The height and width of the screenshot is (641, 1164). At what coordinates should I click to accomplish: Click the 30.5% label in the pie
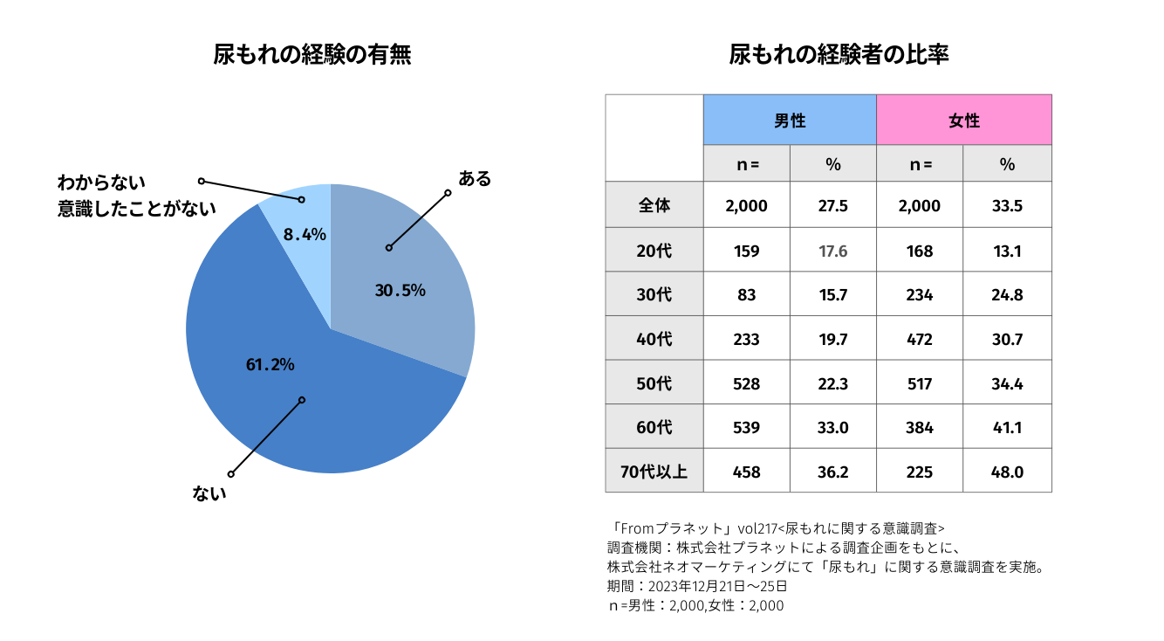coord(400,291)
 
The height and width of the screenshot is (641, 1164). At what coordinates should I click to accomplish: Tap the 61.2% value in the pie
coord(270,364)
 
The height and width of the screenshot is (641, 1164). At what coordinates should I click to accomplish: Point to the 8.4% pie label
coord(305,234)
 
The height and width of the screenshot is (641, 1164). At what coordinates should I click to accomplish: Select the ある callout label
coord(475,179)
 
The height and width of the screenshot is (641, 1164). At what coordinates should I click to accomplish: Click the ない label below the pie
coord(209,493)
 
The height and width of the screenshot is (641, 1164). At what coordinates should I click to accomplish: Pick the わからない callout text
coord(101,183)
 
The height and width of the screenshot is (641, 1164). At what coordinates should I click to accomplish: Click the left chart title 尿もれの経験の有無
coord(312,55)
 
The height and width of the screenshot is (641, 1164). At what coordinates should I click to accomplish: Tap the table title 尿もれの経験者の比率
coord(839,55)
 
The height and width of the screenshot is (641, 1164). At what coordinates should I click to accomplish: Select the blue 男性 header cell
coord(790,121)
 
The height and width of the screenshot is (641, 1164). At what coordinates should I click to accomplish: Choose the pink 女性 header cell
coord(964,121)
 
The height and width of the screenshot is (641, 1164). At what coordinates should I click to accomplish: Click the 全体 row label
coord(654,206)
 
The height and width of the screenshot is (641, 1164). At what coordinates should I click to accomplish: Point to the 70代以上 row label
coord(654,472)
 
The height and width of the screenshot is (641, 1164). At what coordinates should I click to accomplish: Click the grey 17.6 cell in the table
coord(833,252)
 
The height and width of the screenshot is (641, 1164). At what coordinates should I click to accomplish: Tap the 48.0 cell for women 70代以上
coord(1007,472)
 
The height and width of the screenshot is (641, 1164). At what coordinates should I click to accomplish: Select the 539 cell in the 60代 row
coord(747,428)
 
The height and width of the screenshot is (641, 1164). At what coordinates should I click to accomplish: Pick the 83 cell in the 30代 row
coord(747,295)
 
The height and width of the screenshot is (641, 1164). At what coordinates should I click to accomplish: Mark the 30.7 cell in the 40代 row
coord(1007,340)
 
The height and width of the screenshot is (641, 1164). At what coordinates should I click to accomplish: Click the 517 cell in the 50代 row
coord(920,384)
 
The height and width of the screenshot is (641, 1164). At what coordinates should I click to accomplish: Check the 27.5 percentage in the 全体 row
coord(833,206)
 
